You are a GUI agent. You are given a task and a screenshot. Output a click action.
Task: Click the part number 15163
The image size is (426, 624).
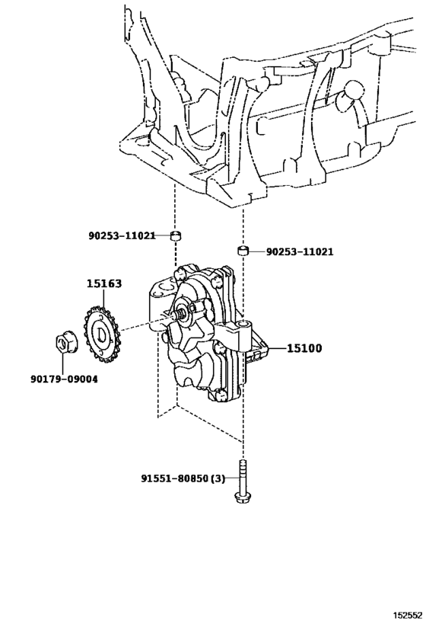[x=103, y=284]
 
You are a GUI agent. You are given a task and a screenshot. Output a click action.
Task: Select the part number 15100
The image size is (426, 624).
[x=304, y=348]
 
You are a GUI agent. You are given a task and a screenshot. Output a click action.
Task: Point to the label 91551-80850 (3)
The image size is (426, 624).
[x=183, y=478]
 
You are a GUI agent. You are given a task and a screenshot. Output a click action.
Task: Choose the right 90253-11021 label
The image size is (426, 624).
[x=299, y=251]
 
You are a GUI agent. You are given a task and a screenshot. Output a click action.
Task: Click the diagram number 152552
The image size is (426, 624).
[x=405, y=613]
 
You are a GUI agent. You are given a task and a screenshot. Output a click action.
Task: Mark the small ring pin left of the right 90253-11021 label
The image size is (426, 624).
[x=243, y=250]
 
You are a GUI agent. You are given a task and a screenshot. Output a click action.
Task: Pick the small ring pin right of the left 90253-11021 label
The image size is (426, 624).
[x=175, y=235]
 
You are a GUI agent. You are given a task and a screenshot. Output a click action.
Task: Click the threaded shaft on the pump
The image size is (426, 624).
[x=183, y=313]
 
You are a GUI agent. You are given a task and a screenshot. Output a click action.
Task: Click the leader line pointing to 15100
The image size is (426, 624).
[x=274, y=348]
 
